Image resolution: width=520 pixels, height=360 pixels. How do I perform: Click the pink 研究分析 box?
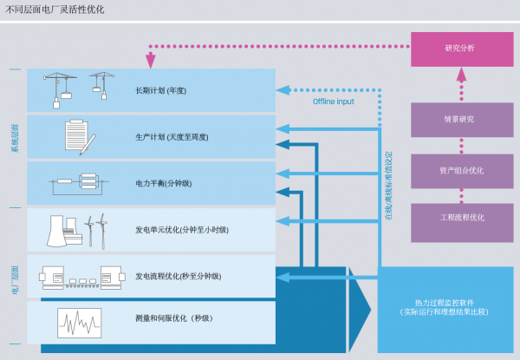tap(462, 49)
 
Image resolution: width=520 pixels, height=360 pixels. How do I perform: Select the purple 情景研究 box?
tap(462, 120)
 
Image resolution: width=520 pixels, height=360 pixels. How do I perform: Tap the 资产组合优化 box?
tap(462, 171)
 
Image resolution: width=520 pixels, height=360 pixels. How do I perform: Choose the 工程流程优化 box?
tap(462, 223)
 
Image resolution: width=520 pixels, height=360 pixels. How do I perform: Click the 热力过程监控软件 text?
tap(445, 303)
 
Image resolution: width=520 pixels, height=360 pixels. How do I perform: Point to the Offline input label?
tap(334, 101)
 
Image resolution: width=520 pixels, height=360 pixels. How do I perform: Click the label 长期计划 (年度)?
tap(161, 90)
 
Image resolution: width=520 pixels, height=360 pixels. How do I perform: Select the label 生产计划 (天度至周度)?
tap(172, 137)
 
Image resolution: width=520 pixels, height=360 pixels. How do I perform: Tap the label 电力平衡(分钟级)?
tap(164, 183)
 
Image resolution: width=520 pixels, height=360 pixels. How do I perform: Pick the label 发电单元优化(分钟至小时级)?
tap(182, 230)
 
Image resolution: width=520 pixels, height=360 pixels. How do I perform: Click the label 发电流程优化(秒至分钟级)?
tap(178, 276)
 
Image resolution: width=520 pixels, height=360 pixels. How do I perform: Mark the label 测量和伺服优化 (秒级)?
tap(174, 318)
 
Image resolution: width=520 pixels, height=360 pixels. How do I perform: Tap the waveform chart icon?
tap(79, 324)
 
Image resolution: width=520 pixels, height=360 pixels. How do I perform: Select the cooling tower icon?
tap(56, 231)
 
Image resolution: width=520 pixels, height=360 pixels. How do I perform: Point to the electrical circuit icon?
tap(79, 184)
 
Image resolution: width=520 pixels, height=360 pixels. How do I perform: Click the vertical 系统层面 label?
tap(16, 138)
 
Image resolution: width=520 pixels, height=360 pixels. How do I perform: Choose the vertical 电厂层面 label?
tap(16, 280)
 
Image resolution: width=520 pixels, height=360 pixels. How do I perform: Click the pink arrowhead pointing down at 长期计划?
tap(151, 60)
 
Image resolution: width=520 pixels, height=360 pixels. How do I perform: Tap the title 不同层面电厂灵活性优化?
tap(55, 10)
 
